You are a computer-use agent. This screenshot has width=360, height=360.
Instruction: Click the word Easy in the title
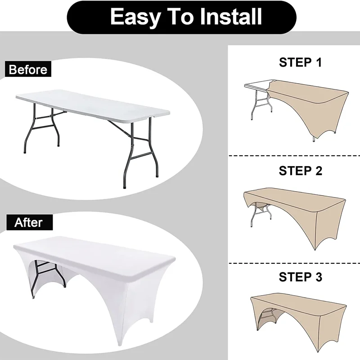click(x=135, y=17)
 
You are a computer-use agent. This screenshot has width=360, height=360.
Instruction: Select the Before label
click(x=28, y=69)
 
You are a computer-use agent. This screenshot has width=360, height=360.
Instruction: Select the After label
click(x=29, y=222)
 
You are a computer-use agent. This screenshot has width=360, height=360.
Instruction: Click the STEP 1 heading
click(x=300, y=62)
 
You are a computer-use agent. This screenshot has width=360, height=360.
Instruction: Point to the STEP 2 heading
click(x=300, y=171)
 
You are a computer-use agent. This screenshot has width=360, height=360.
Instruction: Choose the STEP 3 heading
click(x=300, y=277)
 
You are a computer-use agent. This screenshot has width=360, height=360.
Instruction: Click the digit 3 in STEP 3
click(x=319, y=277)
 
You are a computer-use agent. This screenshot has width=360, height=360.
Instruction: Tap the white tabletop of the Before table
click(x=93, y=103)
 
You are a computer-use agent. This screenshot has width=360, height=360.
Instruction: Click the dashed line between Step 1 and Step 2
click(x=294, y=156)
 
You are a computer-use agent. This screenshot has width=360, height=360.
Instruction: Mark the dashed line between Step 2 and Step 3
click(x=294, y=263)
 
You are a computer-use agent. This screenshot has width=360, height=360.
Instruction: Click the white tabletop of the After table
click(x=94, y=255)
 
